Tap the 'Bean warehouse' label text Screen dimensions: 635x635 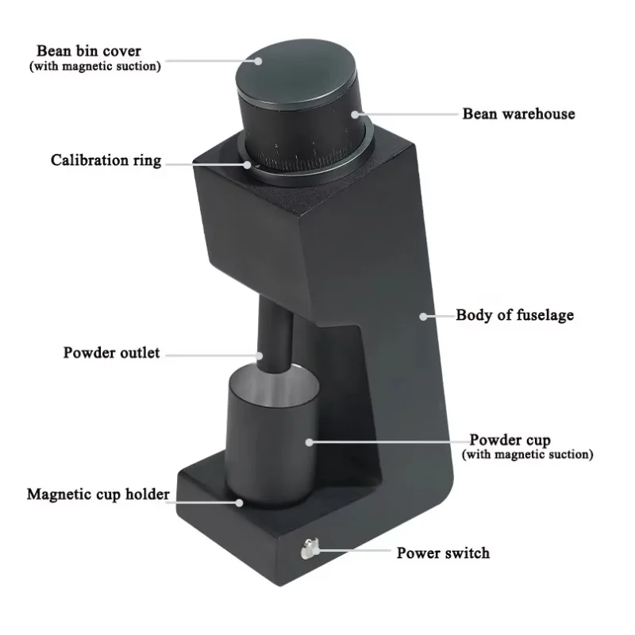coord(518,114)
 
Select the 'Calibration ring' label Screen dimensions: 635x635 coord(106,160)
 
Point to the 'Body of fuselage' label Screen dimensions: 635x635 coord(514,315)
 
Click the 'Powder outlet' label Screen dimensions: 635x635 coord(111,352)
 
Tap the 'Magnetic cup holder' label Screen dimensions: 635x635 coord(98,495)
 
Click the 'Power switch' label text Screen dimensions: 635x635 coord(443,552)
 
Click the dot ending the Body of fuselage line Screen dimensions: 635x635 coord(424,316)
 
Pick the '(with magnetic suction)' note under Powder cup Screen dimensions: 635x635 coord(527,455)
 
